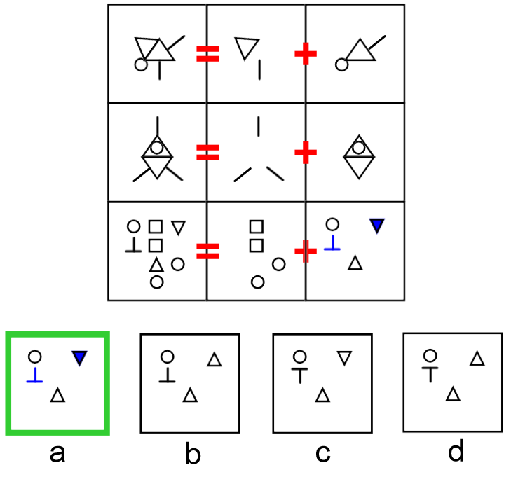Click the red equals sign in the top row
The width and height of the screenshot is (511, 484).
coord(207,53)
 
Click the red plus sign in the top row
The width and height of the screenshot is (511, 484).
coord(304,53)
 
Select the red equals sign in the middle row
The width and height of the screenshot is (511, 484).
coord(207,152)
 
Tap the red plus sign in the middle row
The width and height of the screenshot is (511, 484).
coord(304,152)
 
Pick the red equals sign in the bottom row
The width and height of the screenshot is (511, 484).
coord(207,251)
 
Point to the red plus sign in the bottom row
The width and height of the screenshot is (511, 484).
coord(305,251)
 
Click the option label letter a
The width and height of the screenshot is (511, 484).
coord(57,454)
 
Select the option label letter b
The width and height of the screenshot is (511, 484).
coord(193,455)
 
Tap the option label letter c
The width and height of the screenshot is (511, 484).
coord(322,455)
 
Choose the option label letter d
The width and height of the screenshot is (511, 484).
coord(456,452)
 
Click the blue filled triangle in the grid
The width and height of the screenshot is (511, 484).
coord(377,225)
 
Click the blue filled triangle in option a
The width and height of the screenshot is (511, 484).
coord(79,359)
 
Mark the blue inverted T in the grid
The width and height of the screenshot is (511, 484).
coord(333,244)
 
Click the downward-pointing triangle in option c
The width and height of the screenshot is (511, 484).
coord(343,358)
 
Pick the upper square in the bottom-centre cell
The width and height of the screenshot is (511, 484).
coord(257,227)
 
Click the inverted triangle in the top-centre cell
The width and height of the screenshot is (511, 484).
coord(245,48)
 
